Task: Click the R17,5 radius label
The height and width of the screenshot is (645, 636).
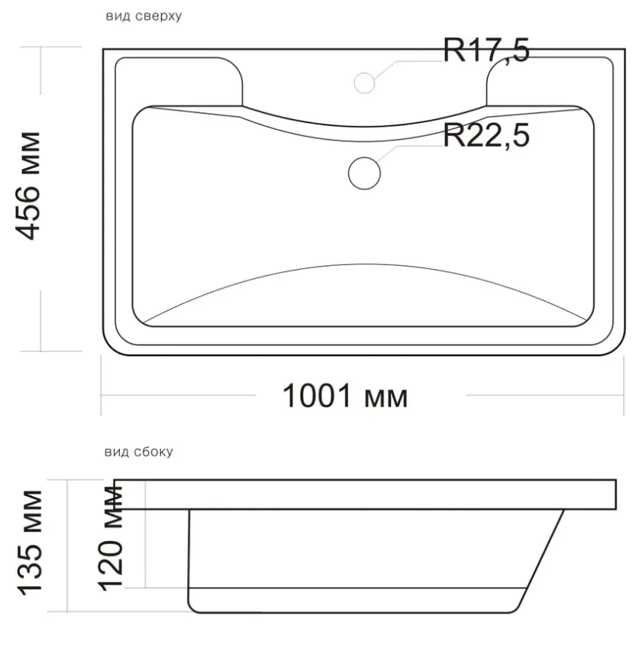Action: pos(486,50)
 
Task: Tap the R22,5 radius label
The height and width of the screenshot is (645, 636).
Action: pos(486,135)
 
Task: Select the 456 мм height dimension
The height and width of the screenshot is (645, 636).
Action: pos(28,186)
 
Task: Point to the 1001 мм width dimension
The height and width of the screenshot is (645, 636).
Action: pos(345,396)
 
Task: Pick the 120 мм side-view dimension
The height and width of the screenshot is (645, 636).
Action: pos(110,538)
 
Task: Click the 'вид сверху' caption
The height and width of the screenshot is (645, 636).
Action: pos(144,16)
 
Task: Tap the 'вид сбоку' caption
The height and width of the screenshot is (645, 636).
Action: pos(139,452)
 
